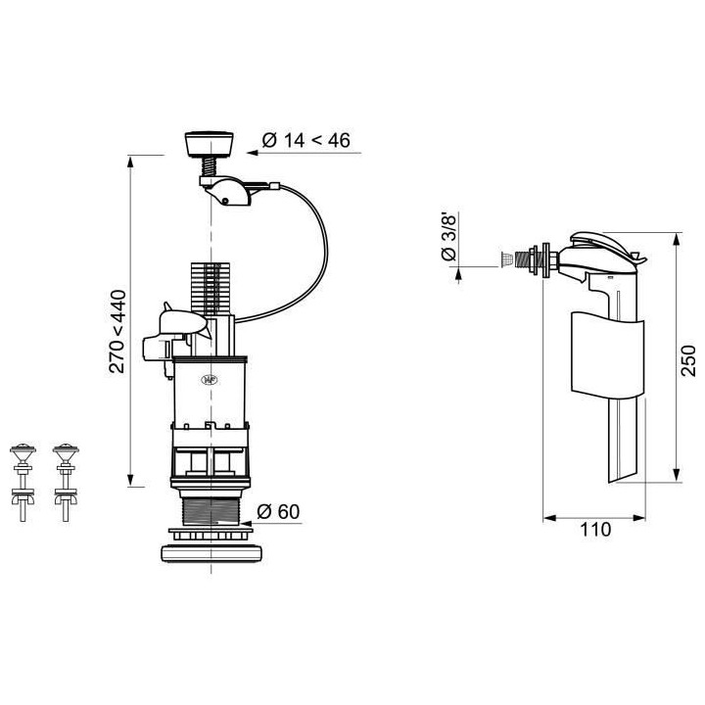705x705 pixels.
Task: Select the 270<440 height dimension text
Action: tap(118, 331)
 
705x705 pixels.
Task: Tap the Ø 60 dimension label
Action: tap(277, 511)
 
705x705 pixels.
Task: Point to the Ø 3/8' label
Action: tap(448, 237)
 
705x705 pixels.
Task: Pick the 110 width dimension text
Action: tap(594, 530)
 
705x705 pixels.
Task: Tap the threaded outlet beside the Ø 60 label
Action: tap(211, 513)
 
